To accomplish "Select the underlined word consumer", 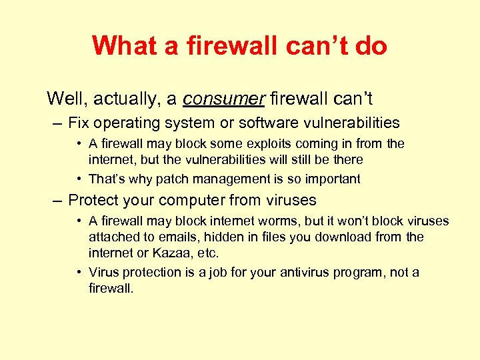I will pyautogui.click(x=224, y=99).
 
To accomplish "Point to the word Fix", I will pyautogui.click(x=79, y=123).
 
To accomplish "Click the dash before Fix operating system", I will pyautogui.click(x=59, y=123).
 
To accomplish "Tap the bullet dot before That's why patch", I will pyautogui.click(x=79, y=179).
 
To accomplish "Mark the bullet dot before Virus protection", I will pyautogui.click(x=79, y=272).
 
